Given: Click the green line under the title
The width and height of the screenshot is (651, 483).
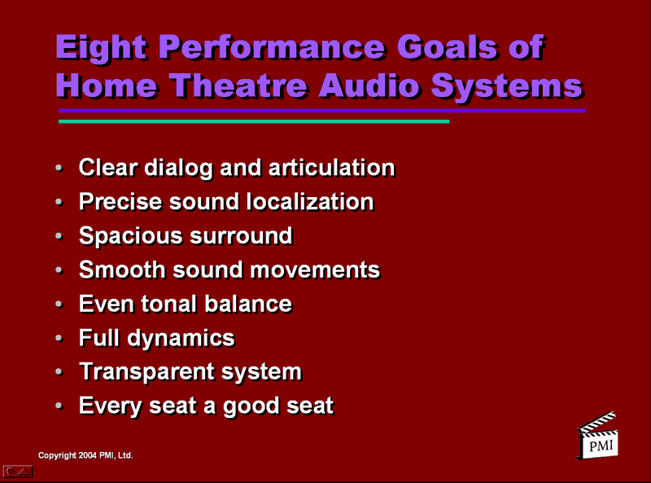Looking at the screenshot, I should [x=253, y=121].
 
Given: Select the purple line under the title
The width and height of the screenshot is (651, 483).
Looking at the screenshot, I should [x=321, y=110].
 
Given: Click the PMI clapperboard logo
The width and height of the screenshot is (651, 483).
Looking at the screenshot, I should [x=598, y=436].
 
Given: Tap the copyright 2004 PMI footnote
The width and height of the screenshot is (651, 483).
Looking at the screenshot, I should [x=85, y=455].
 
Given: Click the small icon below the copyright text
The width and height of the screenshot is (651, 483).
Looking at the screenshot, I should [x=18, y=471].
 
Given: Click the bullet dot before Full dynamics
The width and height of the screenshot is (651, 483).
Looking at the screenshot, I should [x=59, y=338].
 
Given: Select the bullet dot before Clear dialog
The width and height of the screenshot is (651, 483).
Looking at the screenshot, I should [x=59, y=169].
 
